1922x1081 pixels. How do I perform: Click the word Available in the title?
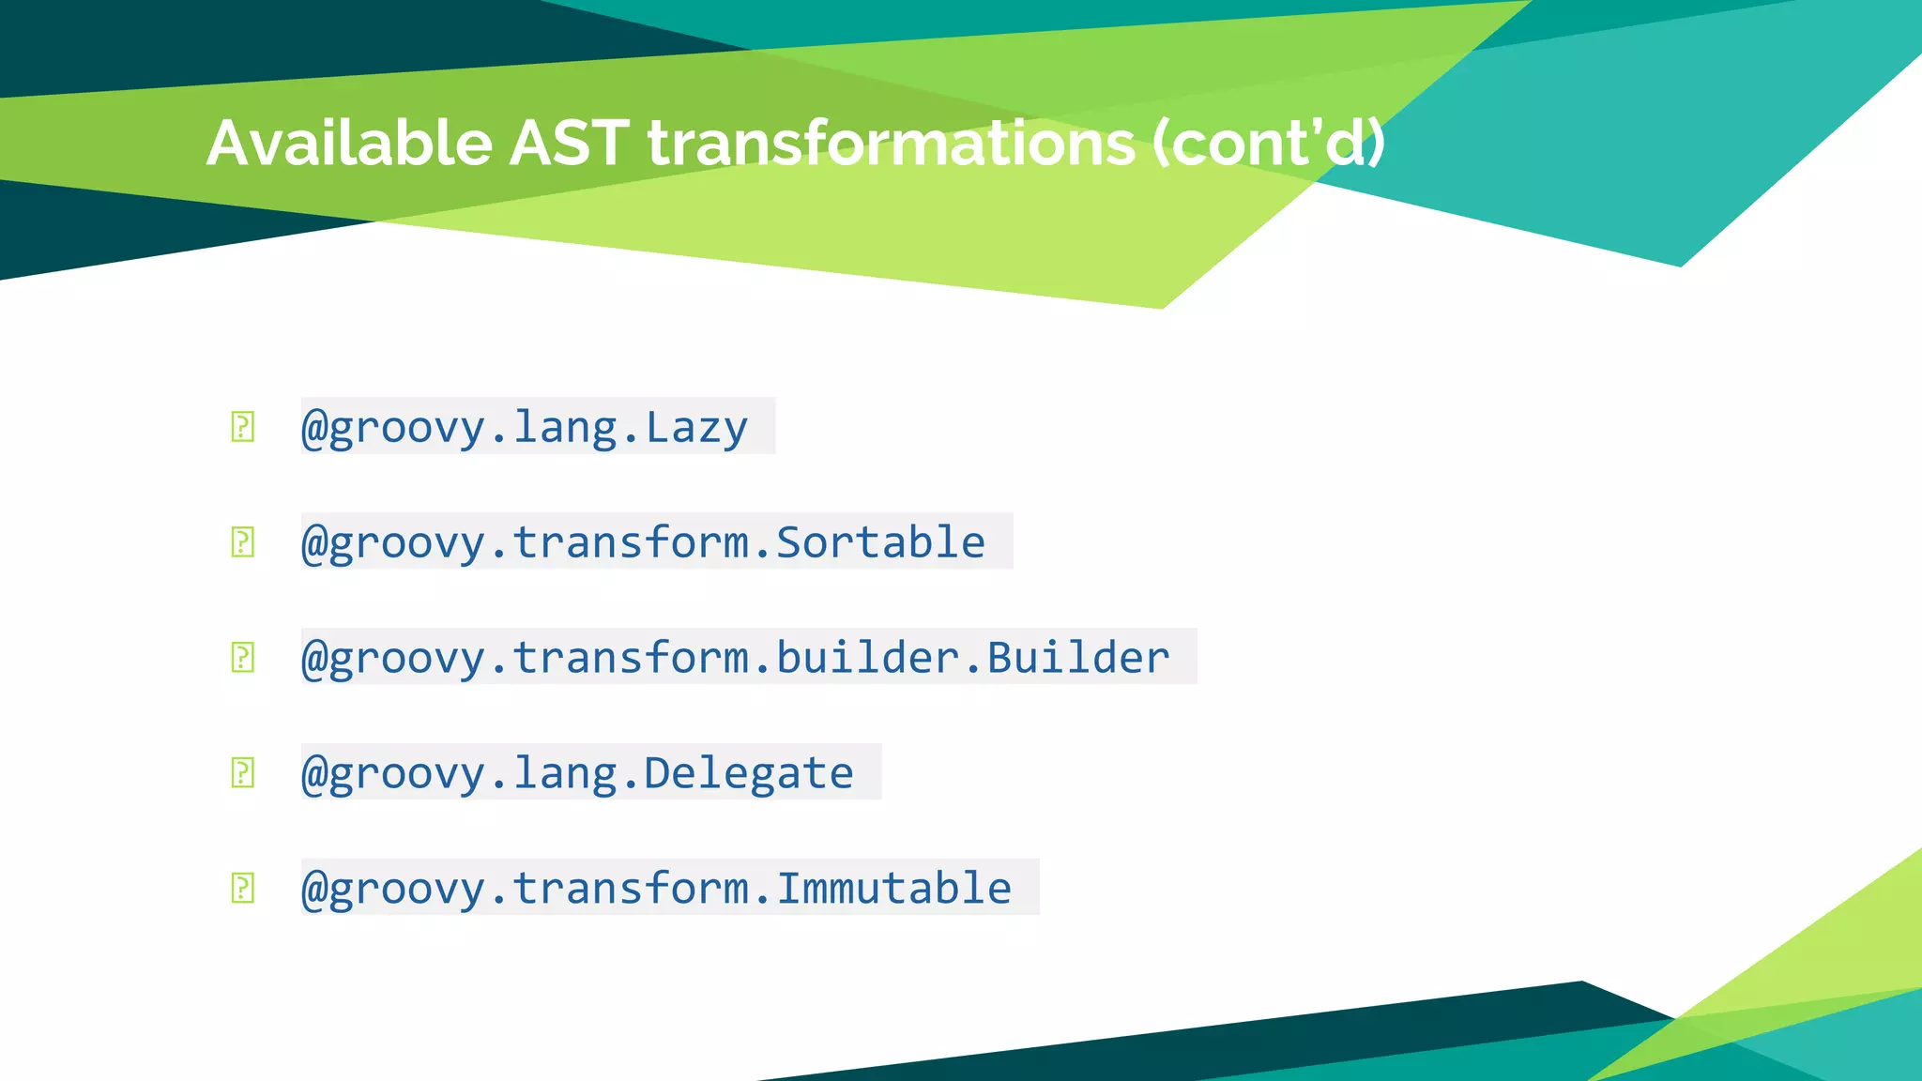(348, 144)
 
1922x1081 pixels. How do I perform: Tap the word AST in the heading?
(568, 144)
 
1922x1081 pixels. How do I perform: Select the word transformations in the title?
(892, 144)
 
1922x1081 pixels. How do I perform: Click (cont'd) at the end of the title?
(1269, 144)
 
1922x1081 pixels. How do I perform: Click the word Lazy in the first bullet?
(696, 428)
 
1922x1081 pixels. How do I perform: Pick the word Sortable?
(880, 543)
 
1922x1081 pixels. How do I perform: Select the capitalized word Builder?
(1078, 658)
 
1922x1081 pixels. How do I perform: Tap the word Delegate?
(748, 773)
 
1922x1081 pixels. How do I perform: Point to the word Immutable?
(893, 889)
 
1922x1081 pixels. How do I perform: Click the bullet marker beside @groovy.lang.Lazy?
(242, 427)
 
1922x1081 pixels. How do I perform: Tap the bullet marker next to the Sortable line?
(242, 542)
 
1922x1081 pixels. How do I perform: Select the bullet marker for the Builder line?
(242, 657)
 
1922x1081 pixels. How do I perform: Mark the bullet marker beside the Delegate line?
(242, 773)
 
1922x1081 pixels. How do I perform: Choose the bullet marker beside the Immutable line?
(242, 888)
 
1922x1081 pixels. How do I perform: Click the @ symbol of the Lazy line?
(313, 428)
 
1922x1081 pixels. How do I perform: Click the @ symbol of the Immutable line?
(313, 889)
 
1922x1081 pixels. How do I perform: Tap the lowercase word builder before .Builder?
(867, 658)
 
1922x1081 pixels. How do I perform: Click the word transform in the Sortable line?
(631, 543)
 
